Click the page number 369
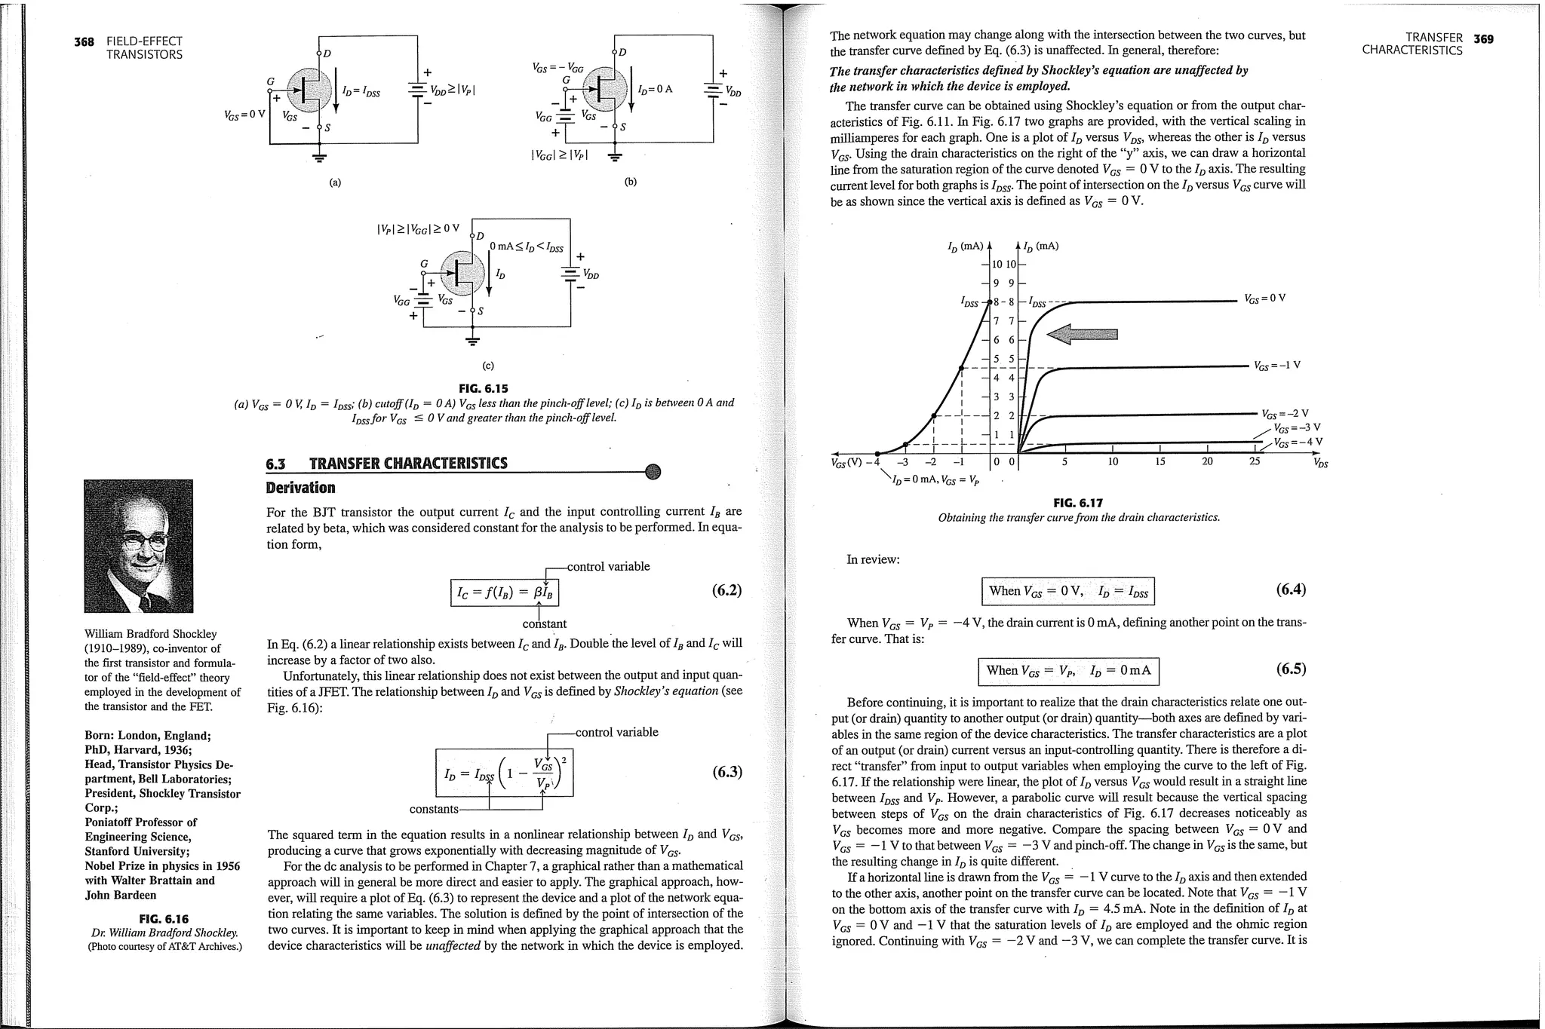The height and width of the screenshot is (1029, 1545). (x=1483, y=38)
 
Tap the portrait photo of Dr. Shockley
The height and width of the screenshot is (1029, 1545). (x=139, y=546)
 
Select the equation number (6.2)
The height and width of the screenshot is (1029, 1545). (x=726, y=590)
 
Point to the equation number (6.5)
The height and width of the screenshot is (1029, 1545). (x=1291, y=669)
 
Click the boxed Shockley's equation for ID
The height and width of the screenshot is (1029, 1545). (x=505, y=772)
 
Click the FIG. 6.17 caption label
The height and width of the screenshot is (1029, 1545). (x=1078, y=503)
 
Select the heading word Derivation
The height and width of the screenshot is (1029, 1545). (x=300, y=488)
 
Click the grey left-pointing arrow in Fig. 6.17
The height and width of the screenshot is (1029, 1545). (x=1080, y=335)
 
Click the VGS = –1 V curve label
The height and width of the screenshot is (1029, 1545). (x=1276, y=366)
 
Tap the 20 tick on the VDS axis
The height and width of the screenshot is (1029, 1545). (x=1207, y=461)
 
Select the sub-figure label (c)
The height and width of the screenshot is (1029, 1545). (x=488, y=366)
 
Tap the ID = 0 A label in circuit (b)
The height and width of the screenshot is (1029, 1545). (x=654, y=89)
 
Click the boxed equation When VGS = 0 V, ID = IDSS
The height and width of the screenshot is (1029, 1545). (x=1067, y=591)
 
